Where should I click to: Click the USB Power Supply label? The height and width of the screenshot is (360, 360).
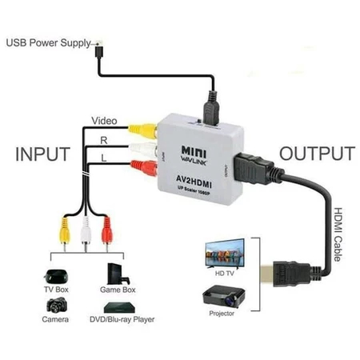pyautogui.click(x=49, y=41)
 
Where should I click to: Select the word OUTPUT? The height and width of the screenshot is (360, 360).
pyautogui.click(x=316, y=154)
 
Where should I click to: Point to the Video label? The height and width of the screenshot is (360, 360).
pyautogui.click(x=104, y=121)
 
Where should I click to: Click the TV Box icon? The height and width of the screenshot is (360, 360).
pyautogui.click(x=56, y=270)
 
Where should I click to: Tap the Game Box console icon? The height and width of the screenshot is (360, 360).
pyautogui.click(x=118, y=269)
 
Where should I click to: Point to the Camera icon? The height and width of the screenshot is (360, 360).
pyautogui.click(x=56, y=305)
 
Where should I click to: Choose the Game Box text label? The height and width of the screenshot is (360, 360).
pyautogui.click(x=119, y=287)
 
